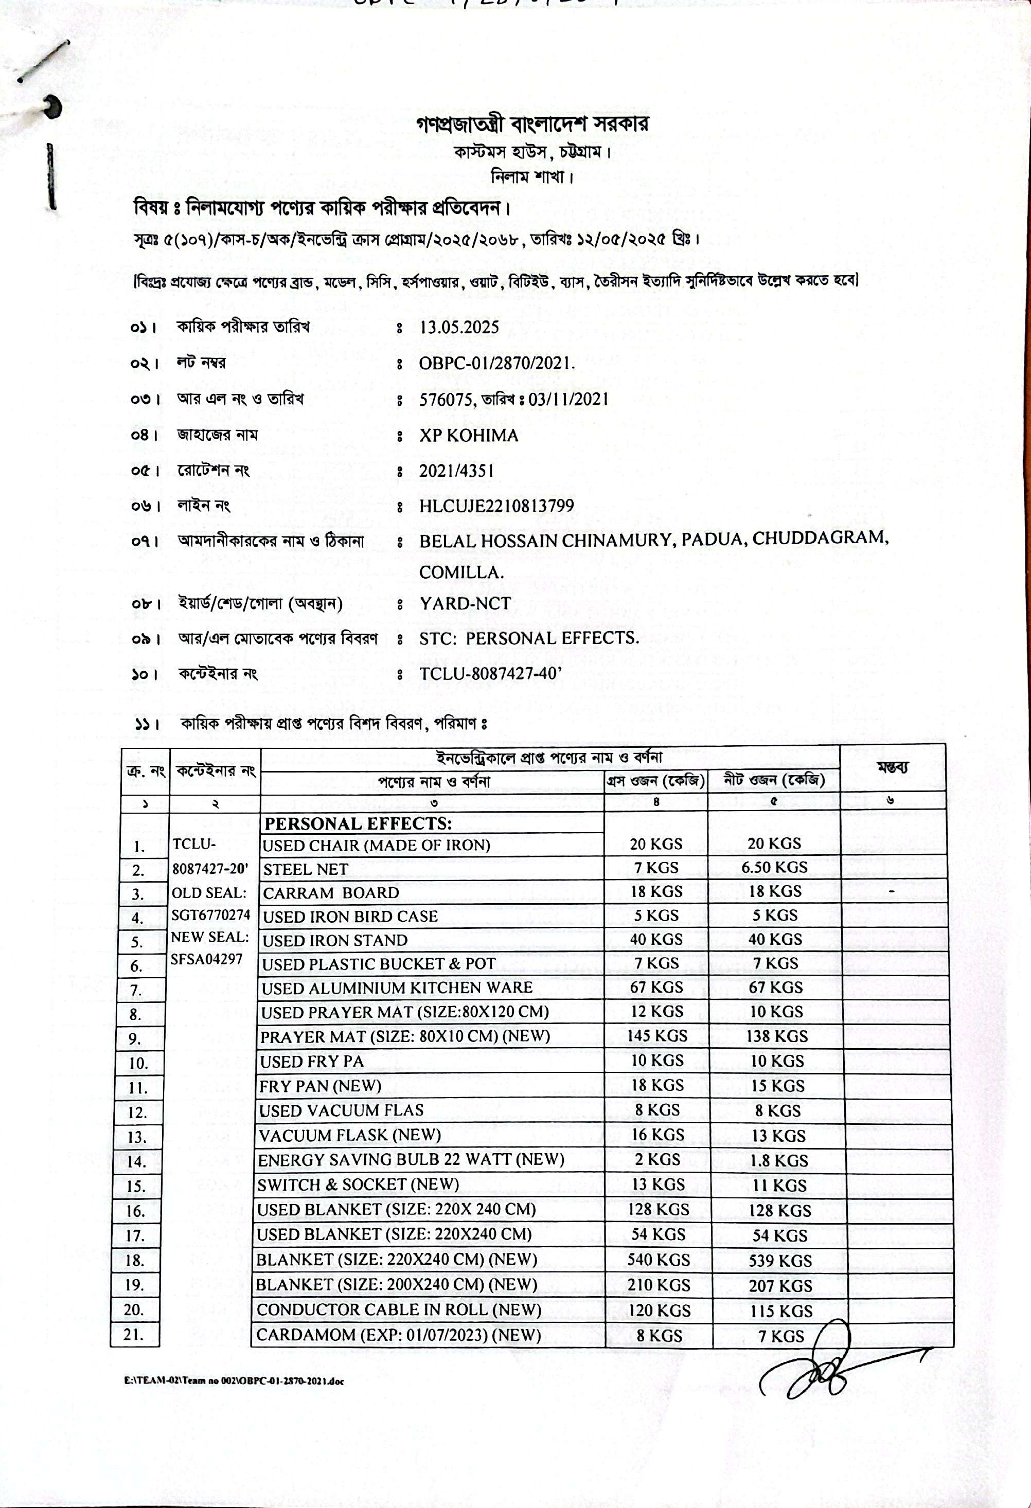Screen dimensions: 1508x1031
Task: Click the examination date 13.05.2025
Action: click(x=459, y=327)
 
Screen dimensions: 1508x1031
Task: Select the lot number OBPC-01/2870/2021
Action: click(x=496, y=363)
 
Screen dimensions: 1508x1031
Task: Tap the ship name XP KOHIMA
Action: click(x=469, y=436)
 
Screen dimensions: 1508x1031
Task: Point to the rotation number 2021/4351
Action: click(x=456, y=471)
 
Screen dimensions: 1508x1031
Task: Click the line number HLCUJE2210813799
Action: click(x=496, y=506)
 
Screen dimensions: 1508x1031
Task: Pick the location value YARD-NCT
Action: click(x=465, y=603)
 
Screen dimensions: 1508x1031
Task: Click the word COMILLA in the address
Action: click(x=461, y=572)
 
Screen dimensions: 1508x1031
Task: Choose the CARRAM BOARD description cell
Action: click(x=331, y=893)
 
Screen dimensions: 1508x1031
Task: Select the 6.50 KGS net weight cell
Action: click(x=775, y=868)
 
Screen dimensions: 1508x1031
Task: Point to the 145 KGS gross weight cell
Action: click(x=657, y=1036)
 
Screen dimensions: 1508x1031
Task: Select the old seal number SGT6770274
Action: click(x=211, y=915)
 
